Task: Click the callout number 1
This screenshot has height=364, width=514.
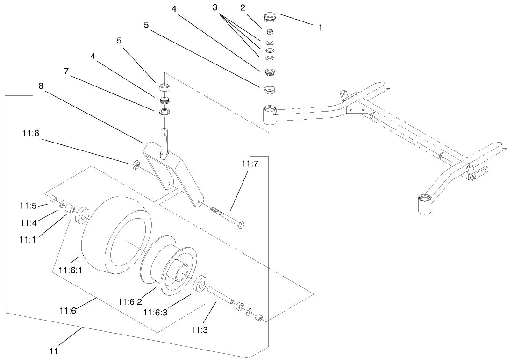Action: click(x=320, y=28)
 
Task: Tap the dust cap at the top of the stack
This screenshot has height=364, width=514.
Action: click(x=271, y=17)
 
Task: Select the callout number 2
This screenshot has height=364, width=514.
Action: click(x=243, y=7)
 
